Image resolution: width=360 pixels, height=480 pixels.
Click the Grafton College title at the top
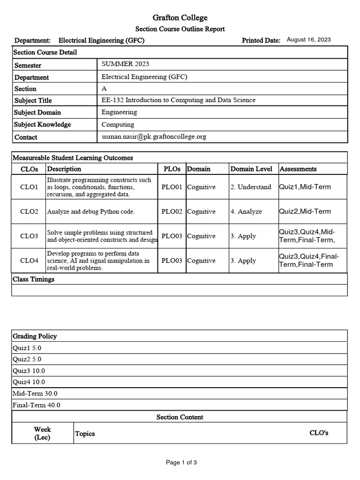pyautogui.click(x=180, y=18)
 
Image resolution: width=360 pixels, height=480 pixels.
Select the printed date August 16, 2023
pyautogui.click(x=308, y=40)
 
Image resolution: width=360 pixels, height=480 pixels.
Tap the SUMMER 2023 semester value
pyautogui.click(x=125, y=64)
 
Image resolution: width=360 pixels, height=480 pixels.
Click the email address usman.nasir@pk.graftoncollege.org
pyautogui.click(x=154, y=137)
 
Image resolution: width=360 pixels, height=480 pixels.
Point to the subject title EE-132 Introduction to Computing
pyautogui.click(x=179, y=100)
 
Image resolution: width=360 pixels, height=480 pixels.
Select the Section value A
pyautogui.click(x=104, y=88)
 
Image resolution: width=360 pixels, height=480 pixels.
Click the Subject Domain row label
pyautogui.click(x=37, y=112)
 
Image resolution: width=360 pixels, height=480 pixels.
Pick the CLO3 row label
pyautogui.click(x=29, y=236)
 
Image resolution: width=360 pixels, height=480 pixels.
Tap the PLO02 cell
pyautogui.click(x=172, y=212)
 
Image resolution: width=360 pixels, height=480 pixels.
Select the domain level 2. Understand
pyautogui.click(x=251, y=187)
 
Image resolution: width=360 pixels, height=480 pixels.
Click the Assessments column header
pyautogui.click(x=298, y=169)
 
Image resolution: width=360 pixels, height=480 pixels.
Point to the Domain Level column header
pyautogui.click(x=251, y=169)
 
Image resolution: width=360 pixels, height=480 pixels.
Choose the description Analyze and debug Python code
pyautogui.click(x=90, y=212)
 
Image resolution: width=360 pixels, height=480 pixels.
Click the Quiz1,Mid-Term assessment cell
pyautogui.click(x=305, y=187)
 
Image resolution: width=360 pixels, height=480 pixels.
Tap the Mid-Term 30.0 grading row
pyautogui.click(x=36, y=394)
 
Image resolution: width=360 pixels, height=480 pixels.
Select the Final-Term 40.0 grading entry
pyautogui.click(x=37, y=405)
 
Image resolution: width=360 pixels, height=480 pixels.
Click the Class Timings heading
pyautogui.click(x=34, y=279)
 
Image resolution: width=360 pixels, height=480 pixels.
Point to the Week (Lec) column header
pyautogui.click(x=43, y=434)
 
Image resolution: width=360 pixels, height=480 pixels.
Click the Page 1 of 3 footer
pyautogui.click(x=181, y=463)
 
